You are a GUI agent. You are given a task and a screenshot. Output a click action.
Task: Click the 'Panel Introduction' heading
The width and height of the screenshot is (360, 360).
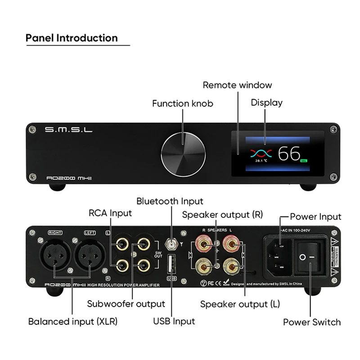tap(72, 38)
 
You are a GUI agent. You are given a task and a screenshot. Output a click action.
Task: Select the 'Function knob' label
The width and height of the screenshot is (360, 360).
tap(182, 103)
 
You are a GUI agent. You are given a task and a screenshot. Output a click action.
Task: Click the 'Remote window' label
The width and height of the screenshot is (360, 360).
tap(237, 85)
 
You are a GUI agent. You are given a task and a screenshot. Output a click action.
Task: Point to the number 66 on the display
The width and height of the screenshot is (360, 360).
tap(289, 154)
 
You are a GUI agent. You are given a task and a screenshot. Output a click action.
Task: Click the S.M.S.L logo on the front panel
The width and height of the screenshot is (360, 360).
tap(69, 130)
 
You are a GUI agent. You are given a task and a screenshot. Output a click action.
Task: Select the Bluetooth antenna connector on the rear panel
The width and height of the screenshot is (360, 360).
tap(171, 244)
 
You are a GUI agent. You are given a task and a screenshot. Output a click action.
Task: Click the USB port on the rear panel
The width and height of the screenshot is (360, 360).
tap(171, 264)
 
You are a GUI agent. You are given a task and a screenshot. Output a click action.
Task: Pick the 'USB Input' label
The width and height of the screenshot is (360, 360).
tap(174, 321)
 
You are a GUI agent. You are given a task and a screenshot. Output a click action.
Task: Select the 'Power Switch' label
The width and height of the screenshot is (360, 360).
tap(311, 322)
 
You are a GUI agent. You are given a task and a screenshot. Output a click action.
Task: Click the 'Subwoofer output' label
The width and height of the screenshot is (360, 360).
tap(126, 304)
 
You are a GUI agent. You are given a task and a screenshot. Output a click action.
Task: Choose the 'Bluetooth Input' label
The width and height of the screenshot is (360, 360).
tap(170, 201)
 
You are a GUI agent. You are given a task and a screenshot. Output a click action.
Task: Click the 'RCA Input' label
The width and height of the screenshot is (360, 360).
tap(110, 213)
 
